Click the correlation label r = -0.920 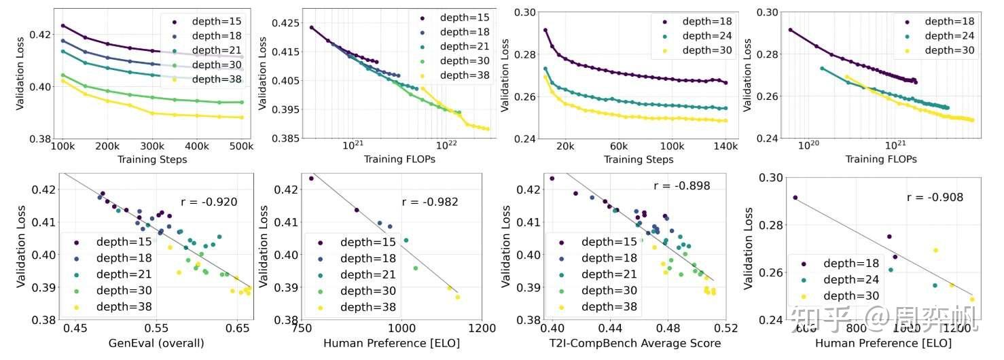[x=209, y=201]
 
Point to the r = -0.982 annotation [x=430, y=202]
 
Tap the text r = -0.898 [x=681, y=186]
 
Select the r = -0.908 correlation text [x=935, y=198]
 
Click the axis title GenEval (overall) [x=156, y=343]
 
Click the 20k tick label [x=565, y=146]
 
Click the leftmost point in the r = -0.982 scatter [x=311, y=178]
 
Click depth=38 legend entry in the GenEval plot [x=120, y=307]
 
